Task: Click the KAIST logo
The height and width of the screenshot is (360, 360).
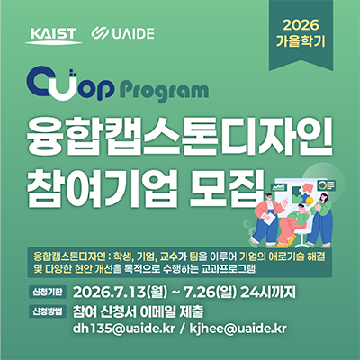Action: (53, 36)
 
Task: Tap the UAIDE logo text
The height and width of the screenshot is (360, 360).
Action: (133, 33)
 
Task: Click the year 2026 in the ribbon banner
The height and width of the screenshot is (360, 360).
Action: (301, 25)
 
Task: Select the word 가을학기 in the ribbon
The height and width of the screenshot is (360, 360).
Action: (301, 41)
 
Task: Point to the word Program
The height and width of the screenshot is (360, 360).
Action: (165, 91)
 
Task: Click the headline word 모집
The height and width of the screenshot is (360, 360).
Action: (228, 188)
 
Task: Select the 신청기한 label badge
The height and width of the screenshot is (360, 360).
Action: (48, 292)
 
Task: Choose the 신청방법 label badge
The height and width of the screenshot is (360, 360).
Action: (48, 311)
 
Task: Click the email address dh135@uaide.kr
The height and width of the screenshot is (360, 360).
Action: (123, 328)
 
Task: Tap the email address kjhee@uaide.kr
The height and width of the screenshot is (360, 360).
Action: (238, 328)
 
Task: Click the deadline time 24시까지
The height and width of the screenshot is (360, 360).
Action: (268, 292)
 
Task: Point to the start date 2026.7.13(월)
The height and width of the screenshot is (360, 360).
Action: (120, 292)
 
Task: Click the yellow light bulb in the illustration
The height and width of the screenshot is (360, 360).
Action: (308, 201)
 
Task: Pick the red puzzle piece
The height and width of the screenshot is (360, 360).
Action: (306, 188)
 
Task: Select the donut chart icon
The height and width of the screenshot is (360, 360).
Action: (322, 185)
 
